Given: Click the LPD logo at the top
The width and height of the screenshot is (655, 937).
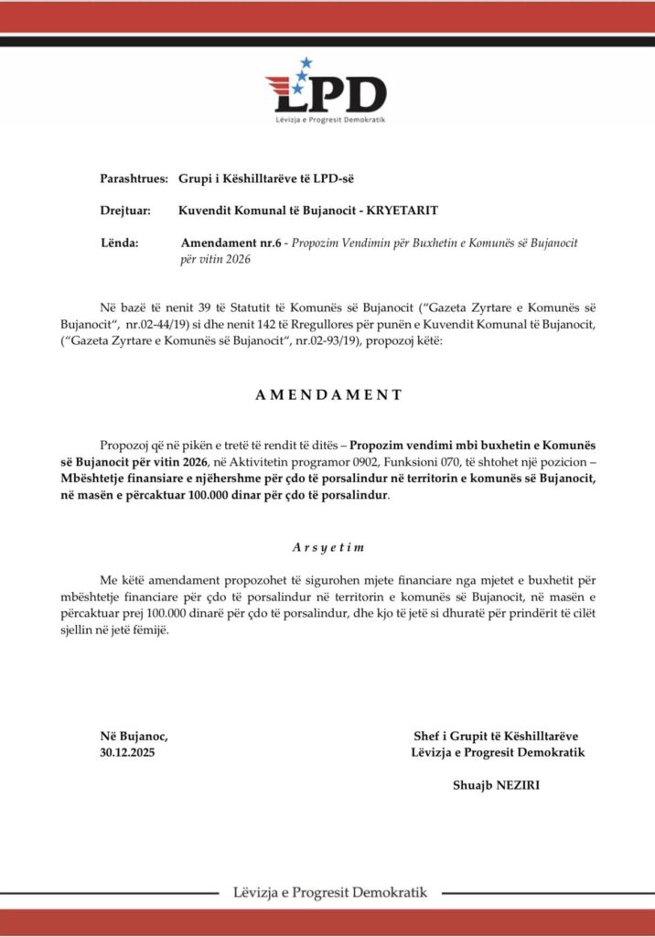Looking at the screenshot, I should coord(327,92).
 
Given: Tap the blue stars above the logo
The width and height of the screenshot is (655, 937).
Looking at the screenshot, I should coord(304,64).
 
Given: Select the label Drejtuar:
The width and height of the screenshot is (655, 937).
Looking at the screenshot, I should coord(125,210).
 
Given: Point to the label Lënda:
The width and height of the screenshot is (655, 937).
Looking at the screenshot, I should coord(120,243).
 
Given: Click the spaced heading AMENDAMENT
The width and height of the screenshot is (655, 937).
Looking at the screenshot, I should coord(327,395).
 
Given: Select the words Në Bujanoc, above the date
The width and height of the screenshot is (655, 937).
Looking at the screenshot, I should coord(134,736).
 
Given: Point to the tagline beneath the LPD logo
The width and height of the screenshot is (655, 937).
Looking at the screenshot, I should coord(327,121).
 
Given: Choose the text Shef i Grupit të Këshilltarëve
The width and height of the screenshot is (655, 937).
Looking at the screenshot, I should coord(496,736).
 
